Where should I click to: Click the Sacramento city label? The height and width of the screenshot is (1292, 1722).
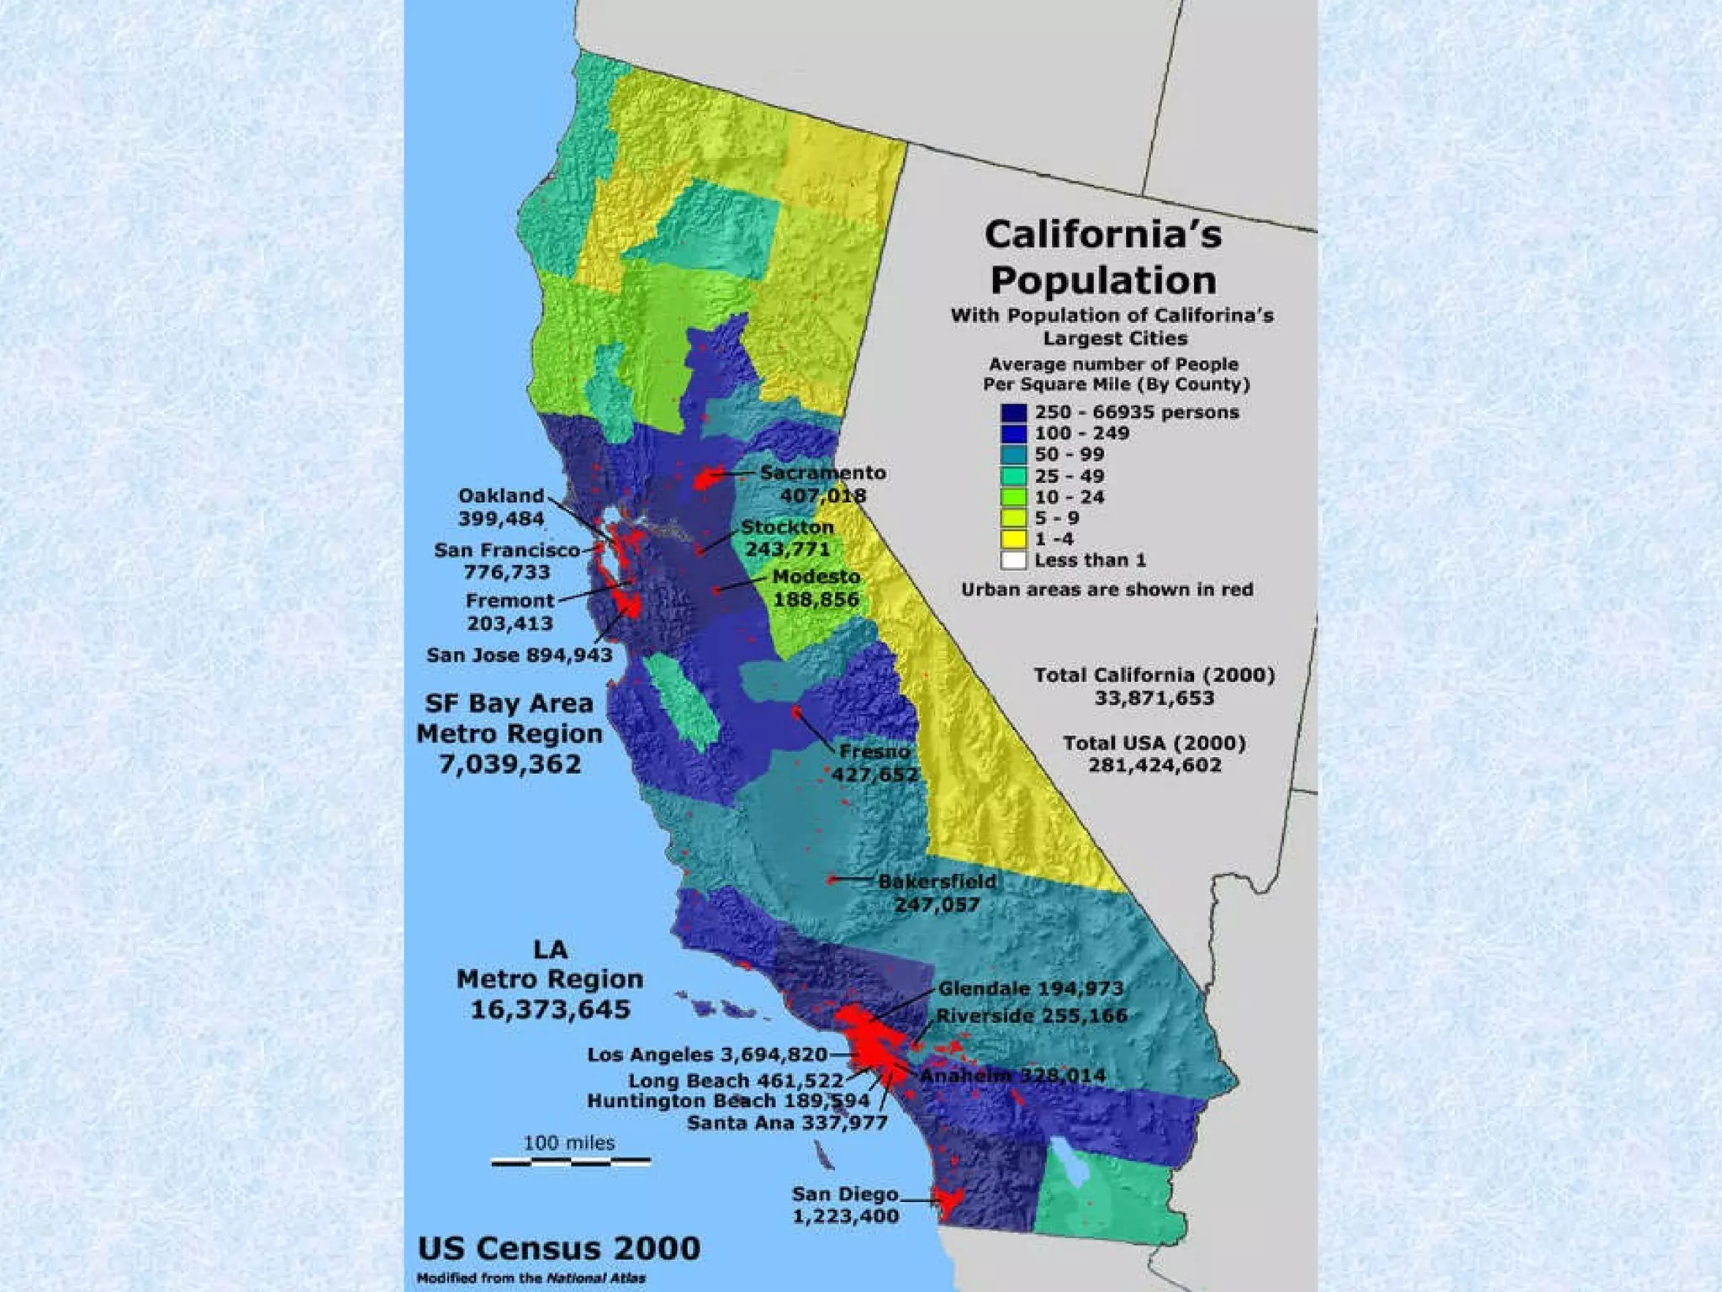(822, 473)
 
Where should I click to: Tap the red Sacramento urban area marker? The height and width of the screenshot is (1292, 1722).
(708, 479)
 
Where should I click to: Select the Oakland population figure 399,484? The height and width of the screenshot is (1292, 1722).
(501, 519)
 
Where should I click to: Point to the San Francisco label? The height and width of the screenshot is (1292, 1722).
(507, 550)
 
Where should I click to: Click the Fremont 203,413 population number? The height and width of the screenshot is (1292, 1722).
(510, 623)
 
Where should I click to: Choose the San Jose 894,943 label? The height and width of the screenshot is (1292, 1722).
(519, 655)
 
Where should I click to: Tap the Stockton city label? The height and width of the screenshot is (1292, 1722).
(787, 527)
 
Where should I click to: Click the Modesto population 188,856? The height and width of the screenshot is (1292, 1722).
(816, 600)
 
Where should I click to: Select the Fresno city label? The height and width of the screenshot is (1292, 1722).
(874, 751)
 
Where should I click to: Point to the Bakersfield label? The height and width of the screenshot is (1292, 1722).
(937, 882)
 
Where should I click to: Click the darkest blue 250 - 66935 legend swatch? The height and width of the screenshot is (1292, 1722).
(1013, 413)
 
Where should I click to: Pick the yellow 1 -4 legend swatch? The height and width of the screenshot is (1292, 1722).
(1013, 539)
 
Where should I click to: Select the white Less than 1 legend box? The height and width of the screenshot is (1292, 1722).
(1013, 560)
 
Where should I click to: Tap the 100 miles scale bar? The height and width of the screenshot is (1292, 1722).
(570, 1162)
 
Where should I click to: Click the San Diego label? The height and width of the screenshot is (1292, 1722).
(845, 1194)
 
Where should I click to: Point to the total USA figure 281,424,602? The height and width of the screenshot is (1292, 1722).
(1154, 765)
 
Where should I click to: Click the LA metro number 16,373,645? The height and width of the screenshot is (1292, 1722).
(550, 1009)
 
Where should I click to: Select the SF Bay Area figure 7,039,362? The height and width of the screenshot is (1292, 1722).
(510, 765)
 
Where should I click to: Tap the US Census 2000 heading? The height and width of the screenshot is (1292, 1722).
(558, 1247)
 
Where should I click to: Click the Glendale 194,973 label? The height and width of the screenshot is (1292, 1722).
(1030, 988)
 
